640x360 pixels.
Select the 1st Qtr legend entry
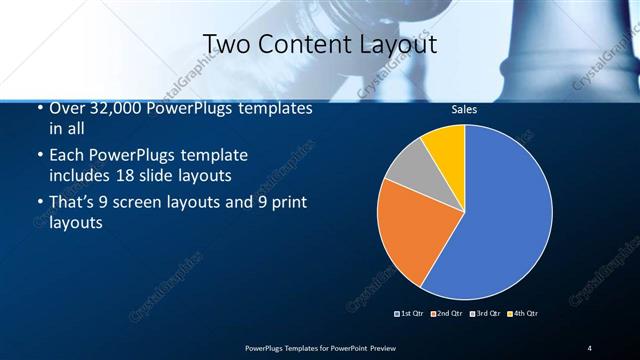(411, 314)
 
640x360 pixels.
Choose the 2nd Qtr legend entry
(447, 314)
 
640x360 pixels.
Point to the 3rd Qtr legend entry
(484, 314)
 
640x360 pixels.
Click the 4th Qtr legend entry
(522, 314)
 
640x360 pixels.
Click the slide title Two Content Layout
(319, 44)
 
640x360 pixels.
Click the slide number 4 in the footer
(589, 347)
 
